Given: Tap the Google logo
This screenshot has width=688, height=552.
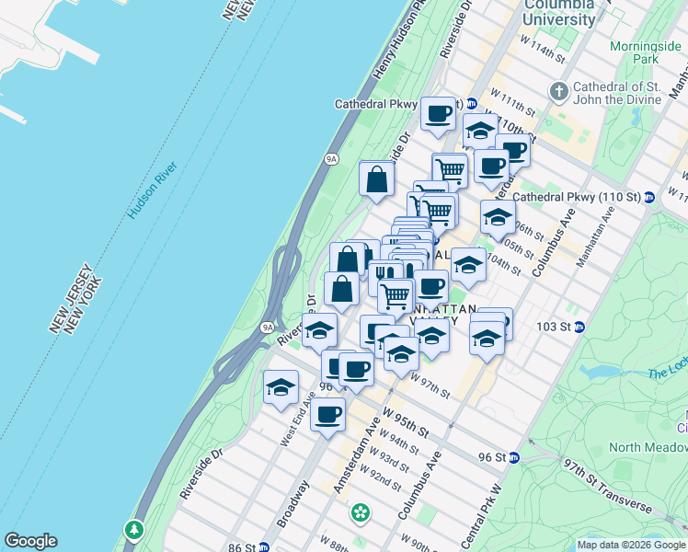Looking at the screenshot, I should tap(30, 541).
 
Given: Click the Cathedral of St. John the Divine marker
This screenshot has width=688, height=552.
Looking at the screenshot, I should tap(558, 91).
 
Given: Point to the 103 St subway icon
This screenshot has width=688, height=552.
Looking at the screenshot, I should tap(579, 328).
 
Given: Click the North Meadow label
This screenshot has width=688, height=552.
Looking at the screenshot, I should tap(649, 447).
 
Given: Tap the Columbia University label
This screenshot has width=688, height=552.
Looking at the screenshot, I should tap(558, 13).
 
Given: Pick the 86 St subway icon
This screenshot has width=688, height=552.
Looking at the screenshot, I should tap(264, 547).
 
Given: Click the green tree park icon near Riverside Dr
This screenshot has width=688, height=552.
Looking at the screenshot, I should tap(135, 529).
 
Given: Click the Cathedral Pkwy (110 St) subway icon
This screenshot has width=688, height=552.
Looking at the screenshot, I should tap(648, 197).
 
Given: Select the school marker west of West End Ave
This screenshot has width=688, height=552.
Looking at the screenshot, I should tap(281, 386).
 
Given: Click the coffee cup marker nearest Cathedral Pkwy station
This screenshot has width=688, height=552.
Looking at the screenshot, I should tap(439, 113).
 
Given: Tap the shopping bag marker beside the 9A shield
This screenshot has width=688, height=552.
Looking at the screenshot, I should tap(377, 178).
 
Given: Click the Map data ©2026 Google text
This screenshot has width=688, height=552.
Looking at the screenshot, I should tap(631, 545).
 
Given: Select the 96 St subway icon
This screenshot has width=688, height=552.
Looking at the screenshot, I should tap(514, 457).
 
